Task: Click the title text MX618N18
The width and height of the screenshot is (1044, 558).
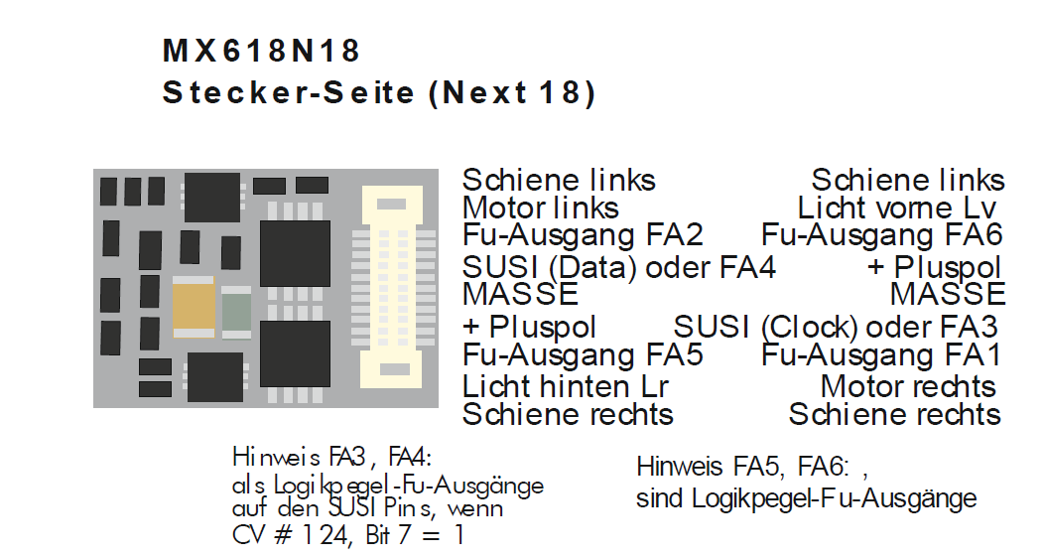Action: (x=261, y=52)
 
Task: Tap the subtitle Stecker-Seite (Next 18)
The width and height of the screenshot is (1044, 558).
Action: (x=379, y=93)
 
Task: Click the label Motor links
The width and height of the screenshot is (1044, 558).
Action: (x=540, y=209)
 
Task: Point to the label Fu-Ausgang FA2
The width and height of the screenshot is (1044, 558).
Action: (x=583, y=236)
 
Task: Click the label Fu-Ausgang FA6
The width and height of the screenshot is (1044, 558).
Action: (x=881, y=236)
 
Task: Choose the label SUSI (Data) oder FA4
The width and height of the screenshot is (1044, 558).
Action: (x=619, y=268)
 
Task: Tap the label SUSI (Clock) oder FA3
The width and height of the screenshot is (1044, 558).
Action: (x=835, y=327)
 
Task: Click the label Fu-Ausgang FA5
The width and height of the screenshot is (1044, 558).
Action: (x=583, y=354)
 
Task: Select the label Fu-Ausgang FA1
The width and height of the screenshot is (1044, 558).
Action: (x=881, y=354)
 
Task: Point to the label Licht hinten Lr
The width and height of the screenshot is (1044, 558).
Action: (x=566, y=386)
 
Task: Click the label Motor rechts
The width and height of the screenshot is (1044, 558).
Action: (x=907, y=386)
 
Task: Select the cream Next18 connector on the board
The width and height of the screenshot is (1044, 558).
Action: (x=394, y=286)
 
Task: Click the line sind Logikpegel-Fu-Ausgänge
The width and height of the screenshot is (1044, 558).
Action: (x=806, y=498)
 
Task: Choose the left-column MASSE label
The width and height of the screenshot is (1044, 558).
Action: (x=520, y=295)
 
